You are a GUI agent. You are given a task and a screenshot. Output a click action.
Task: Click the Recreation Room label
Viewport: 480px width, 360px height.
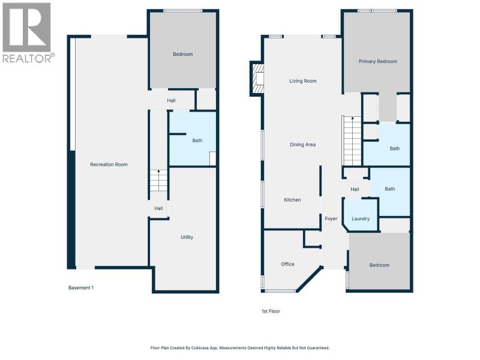[109, 164]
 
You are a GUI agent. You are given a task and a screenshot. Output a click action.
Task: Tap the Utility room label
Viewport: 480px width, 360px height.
[187, 237]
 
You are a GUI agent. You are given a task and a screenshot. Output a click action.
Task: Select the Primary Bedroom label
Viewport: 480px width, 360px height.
[378, 62]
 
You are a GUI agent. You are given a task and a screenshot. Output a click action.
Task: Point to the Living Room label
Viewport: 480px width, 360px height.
[303, 81]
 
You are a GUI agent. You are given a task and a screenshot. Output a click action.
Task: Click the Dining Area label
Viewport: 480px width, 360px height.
[303, 145]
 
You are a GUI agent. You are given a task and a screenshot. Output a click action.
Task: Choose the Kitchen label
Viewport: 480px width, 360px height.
[292, 200]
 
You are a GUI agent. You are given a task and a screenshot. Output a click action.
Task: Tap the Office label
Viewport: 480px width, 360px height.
[288, 264]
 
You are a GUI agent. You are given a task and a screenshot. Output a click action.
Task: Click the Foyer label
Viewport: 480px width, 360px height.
[331, 218]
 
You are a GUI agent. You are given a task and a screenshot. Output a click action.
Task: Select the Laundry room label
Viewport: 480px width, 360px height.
[361, 219]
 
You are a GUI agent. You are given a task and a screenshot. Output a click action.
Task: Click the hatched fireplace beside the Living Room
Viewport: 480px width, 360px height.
[257, 79]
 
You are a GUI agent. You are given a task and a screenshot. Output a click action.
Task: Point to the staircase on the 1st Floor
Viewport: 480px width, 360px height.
[352, 141]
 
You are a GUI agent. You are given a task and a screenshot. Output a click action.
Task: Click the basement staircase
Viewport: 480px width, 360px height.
[158, 181]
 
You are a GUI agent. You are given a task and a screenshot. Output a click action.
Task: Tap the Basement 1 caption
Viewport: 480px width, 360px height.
[81, 288]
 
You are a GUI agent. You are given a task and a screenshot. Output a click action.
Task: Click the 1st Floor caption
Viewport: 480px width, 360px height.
[271, 311]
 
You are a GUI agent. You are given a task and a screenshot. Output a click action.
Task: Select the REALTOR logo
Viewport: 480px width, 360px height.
[28, 33]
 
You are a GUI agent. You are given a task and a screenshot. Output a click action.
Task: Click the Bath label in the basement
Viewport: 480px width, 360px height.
[197, 140]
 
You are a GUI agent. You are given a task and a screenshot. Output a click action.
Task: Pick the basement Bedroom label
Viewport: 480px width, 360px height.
[183, 54]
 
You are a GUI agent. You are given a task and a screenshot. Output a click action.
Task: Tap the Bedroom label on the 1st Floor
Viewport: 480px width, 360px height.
[379, 265]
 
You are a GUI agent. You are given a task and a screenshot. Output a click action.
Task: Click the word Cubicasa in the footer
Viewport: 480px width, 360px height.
[200, 348]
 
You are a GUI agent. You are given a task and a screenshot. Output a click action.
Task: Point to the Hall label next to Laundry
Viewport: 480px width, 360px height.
[355, 190]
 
